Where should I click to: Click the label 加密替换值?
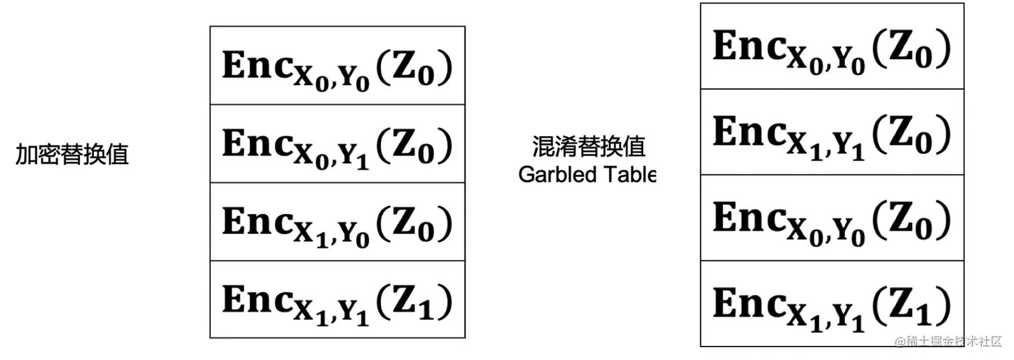click(72, 156)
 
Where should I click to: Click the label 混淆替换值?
click(589, 146)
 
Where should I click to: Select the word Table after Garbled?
click(628, 174)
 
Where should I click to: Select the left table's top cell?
click(337, 66)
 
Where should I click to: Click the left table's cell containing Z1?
click(337, 300)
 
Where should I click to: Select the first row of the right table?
click(832, 46)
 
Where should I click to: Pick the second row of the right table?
click(832, 131)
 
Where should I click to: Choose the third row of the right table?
click(832, 219)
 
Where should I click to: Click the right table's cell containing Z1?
click(832, 304)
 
